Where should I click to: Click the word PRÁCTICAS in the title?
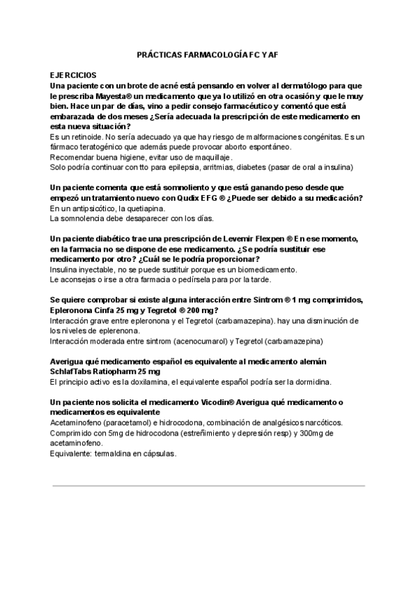click(157, 53)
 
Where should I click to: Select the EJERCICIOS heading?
click(73, 74)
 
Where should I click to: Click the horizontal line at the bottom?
click(209, 485)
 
